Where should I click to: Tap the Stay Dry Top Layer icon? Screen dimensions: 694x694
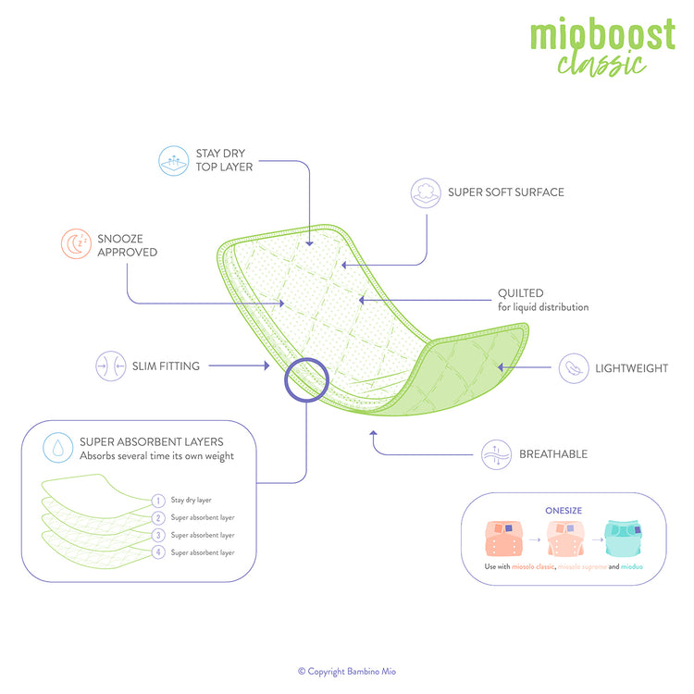[173, 160]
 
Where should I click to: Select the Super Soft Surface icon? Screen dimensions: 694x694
[426, 192]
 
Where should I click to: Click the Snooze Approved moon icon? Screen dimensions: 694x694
[73, 244]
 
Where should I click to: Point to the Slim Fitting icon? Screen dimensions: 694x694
[110, 366]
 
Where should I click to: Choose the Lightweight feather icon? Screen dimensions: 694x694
[574, 367]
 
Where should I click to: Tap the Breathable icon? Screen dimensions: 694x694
[496, 453]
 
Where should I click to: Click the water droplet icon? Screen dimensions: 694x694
[58, 448]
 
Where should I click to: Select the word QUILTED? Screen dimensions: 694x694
[521, 293]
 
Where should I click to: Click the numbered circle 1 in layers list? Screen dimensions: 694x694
[158, 500]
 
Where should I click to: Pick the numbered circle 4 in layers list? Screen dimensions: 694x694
[158, 552]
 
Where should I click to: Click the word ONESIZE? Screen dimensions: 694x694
[563, 509]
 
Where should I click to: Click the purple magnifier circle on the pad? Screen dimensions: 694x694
[306, 380]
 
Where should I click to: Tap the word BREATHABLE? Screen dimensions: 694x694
[553, 454]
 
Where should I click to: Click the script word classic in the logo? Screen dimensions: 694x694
[601, 64]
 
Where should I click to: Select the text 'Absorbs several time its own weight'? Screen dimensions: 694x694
[156, 456]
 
